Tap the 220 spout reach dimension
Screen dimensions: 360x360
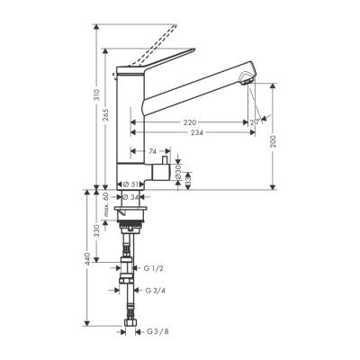click(190, 121)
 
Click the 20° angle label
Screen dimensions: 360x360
click(254, 121)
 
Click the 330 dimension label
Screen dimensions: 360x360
click(96, 231)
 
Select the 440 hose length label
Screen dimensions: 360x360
click(86, 259)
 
